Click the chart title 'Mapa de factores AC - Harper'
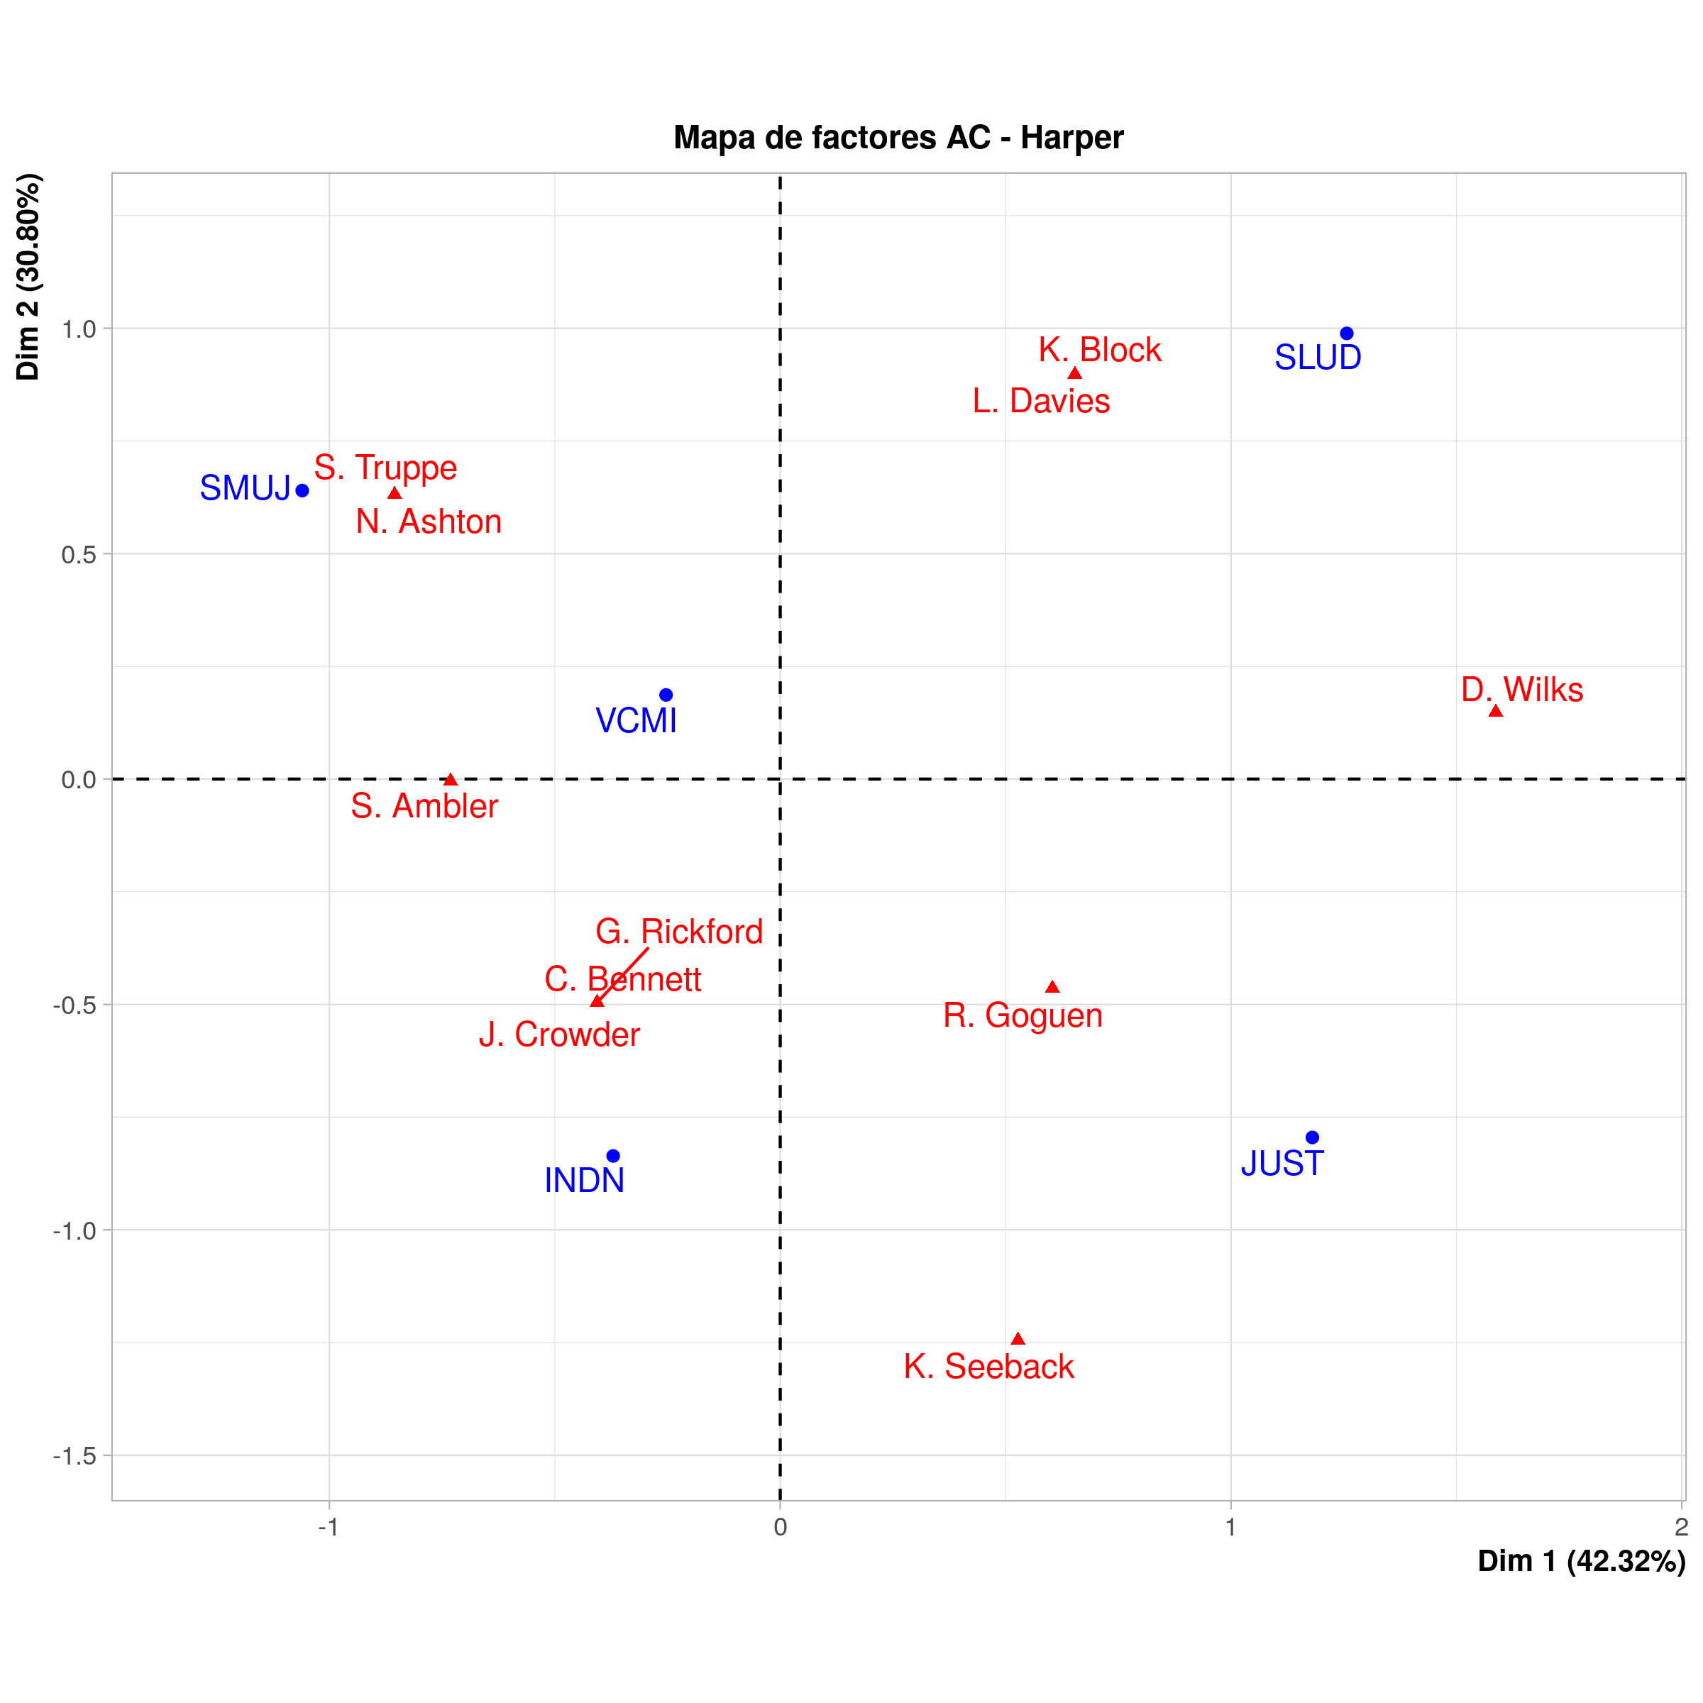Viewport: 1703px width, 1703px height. (898, 138)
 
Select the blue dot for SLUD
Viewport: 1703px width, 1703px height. (1346, 334)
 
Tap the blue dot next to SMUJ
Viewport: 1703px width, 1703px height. (302, 490)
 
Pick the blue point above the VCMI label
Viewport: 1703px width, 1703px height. (666, 695)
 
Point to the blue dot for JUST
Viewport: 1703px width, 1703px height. (1311, 1137)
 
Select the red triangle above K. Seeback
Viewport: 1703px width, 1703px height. (1018, 1339)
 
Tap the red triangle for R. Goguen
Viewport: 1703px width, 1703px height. (1052, 987)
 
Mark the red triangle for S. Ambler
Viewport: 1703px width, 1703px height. (451, 780)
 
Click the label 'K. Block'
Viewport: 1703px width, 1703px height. (1099, 350)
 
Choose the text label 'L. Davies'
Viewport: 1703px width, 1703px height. (1041, 401)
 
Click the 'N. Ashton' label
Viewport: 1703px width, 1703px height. (429, 522)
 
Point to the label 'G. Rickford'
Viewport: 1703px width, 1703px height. (679, 932)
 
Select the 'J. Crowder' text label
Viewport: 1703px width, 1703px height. (559, 1035)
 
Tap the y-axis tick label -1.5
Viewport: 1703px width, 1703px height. (75, 1455)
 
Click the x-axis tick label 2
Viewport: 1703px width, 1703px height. (1681, 1528)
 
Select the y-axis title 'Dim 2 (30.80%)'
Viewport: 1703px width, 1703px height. (28, 277)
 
